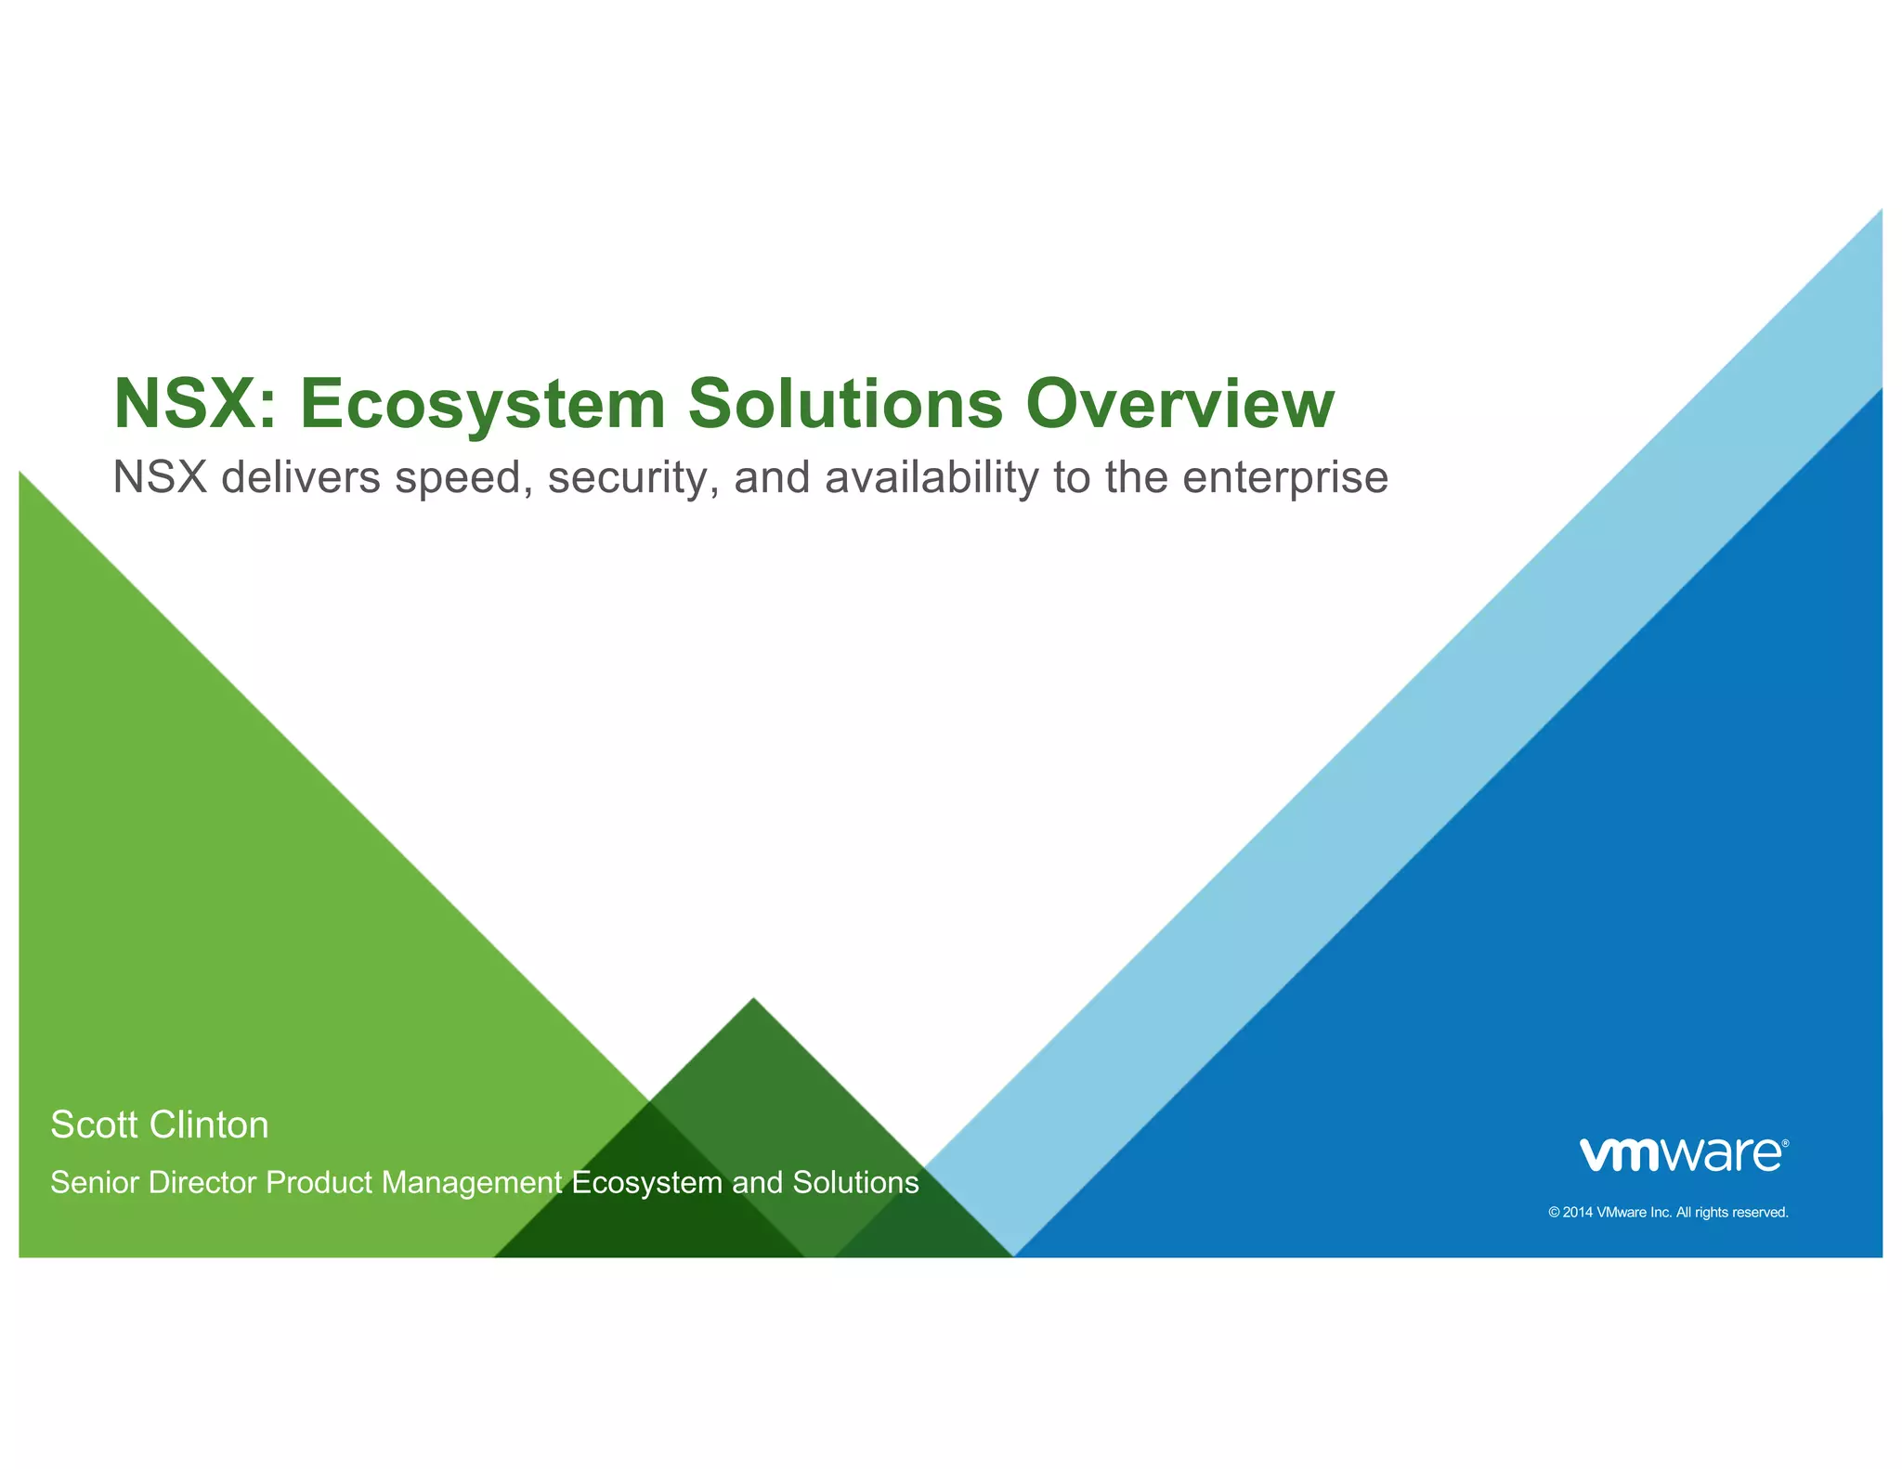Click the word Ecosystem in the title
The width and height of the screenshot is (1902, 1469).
tap(482, 404)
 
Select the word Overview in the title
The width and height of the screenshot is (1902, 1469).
tap(1179, 404)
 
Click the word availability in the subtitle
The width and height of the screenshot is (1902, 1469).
tap(931, 478)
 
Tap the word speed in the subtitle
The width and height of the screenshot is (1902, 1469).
tap(463, 478)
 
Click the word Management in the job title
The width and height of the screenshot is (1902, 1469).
tap(471, 1183)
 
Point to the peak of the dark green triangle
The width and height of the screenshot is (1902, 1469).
tap(753, 1000)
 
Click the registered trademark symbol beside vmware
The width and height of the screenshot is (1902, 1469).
tap(1785, 1143)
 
